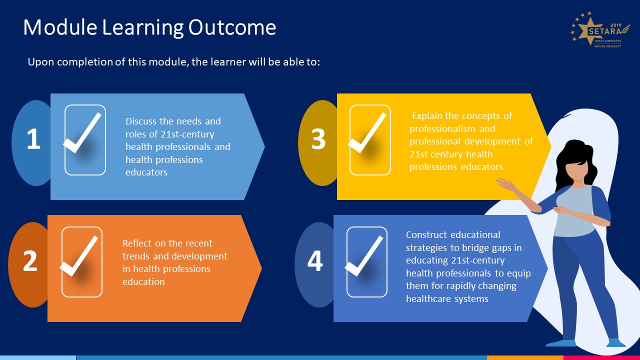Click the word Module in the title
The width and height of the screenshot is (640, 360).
60,27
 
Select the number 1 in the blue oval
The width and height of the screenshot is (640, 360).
33,139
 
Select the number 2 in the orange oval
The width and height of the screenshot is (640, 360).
30,261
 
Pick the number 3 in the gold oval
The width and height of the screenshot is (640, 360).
318,139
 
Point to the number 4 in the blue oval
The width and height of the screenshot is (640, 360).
315,261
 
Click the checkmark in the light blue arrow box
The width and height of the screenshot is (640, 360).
83,134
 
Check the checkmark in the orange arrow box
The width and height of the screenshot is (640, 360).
80,256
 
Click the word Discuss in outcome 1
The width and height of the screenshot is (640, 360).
142,121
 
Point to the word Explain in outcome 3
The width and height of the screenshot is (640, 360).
427,116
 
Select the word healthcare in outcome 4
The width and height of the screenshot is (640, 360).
428,299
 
